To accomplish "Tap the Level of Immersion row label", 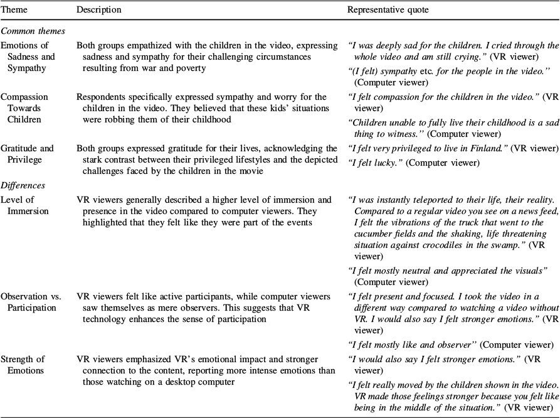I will [24, 205].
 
